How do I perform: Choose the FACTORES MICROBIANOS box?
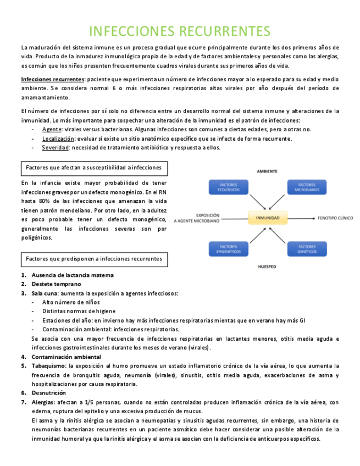click(x=306, y=187)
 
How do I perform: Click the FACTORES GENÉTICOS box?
click(x=306, y=249)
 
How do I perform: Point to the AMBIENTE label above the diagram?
click(x=267, y=171)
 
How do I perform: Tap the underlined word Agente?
click(x=52, y=129)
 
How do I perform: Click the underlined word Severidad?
click(x=55, y=147)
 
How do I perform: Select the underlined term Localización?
click(x=58, y=138)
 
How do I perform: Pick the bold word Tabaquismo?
click(x=48, y=365)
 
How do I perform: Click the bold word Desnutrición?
click(x=49, y=393)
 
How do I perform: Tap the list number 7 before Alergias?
click(x=23, y=402)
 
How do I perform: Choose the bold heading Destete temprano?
click(x=56, y=284)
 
